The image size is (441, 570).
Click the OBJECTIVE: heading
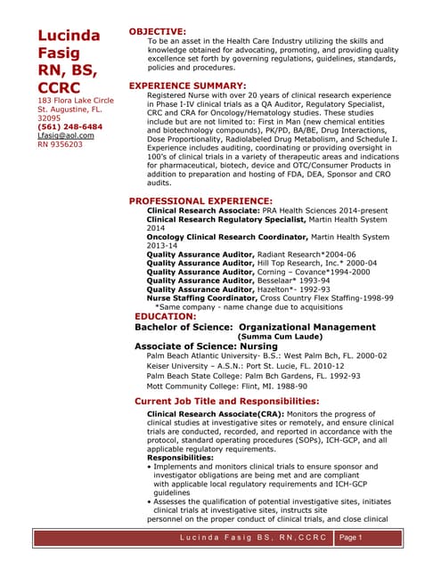(x=158, y=31)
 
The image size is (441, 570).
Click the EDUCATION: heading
(x=165, y=316)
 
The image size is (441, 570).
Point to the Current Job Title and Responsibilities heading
(x=226, y=402)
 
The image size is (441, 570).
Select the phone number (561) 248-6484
(x=69, y=126)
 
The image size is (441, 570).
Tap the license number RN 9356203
(x=60, y=144)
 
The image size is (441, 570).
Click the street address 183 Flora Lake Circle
(x=76, y=101)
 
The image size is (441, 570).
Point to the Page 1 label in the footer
(x=355, y=537)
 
